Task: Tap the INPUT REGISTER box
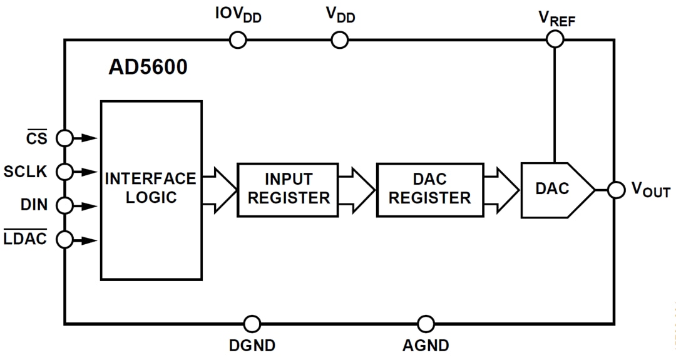pyautogui.click(x=287, y=189)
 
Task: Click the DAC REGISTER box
pyautogui.click(x=429, y=189)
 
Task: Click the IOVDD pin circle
pyautogui.click(x=238, y=41)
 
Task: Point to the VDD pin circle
pyautogui.click(x=339, y=41)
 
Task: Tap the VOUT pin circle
pyautogui.click(x=617, y=190)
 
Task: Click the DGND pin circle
pyautogui.click(x=252, y=324)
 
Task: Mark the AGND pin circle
pyautogui.click(x=426, y=324)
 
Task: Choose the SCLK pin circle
pyautogui.click(x=64, y=171)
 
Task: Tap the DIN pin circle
pyautogui.click(x=64, y=205)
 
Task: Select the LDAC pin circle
pyautogui.click(x=64, y=239)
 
